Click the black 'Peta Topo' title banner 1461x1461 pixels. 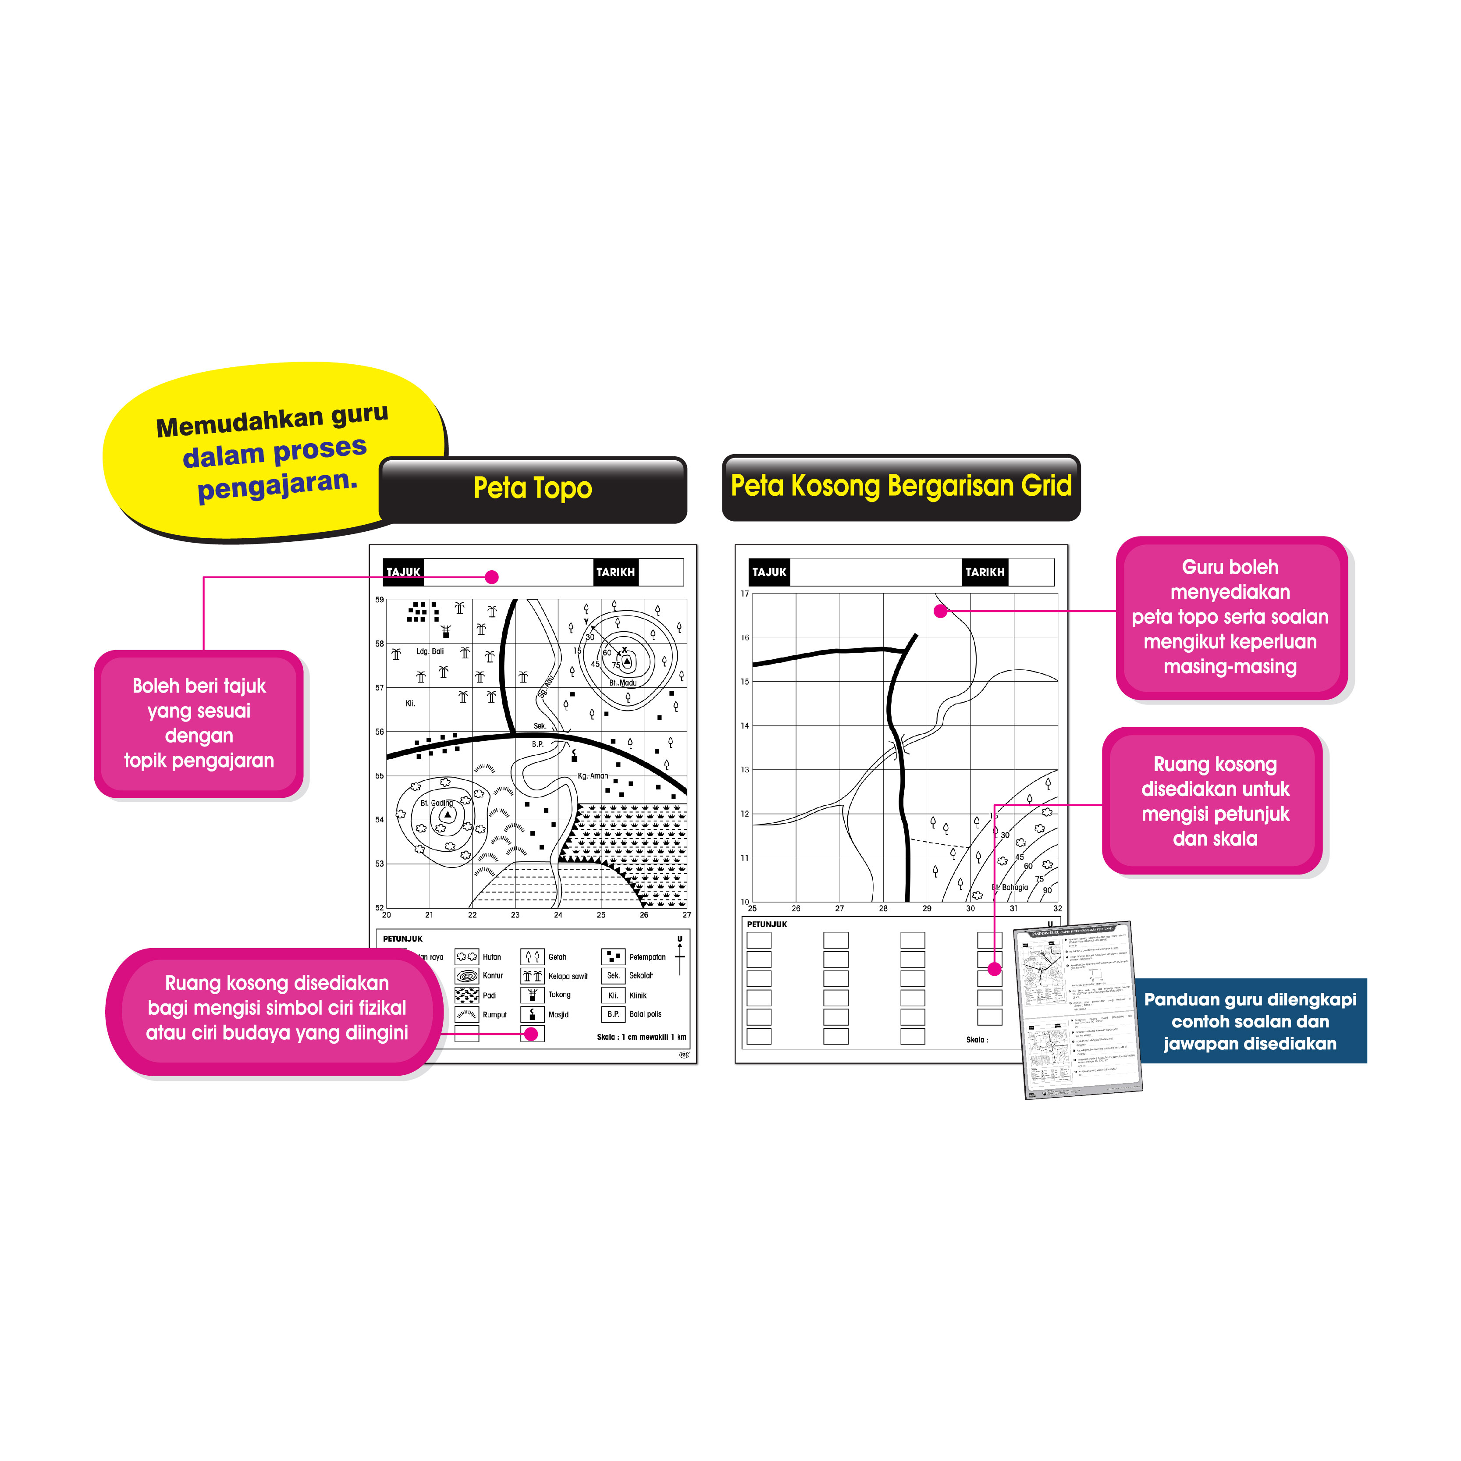(x=533, y=488)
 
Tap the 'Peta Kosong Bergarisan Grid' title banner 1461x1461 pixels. (x=901, y=486)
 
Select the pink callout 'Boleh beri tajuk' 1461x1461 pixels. (x=199, y=723)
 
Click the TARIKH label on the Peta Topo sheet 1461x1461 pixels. (x=615, y=572)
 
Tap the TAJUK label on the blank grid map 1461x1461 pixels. (x=769, y=572)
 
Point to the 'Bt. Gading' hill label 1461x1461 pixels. (x=436, y=803)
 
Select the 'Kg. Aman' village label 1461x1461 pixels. (x=593, y=776)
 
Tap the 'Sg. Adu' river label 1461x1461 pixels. (x=546, y=685)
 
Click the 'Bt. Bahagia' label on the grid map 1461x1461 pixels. (x=1010, y=887)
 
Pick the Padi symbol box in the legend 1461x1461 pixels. (x=466, y=995)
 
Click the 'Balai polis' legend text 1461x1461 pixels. (x=645, y=1014)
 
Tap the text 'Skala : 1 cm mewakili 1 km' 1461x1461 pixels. (x=641, y=1037)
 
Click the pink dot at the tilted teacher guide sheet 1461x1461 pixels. (x=995, y=969)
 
